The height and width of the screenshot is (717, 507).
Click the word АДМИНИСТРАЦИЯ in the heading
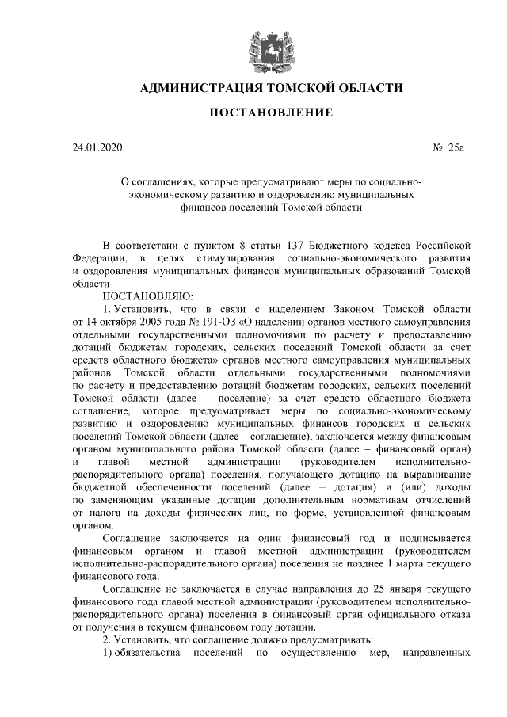point(191,88)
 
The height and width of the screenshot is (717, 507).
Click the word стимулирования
point(235,258)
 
